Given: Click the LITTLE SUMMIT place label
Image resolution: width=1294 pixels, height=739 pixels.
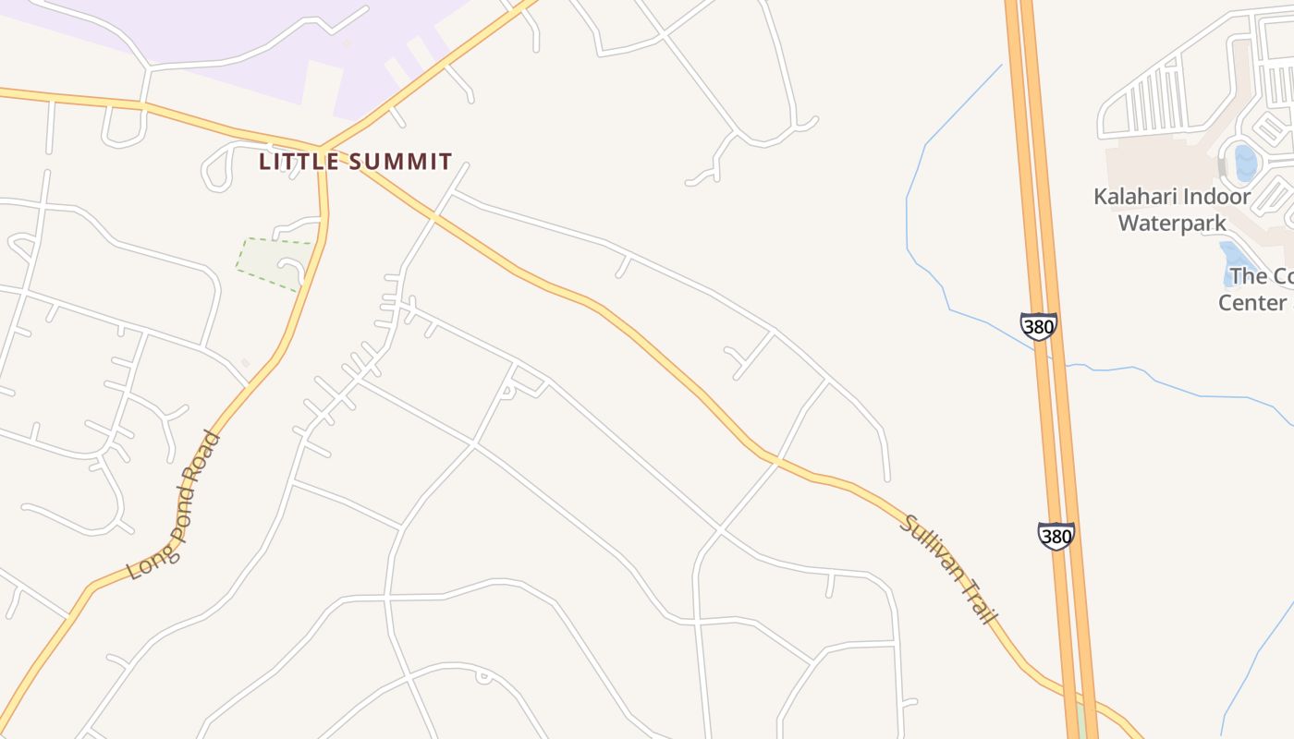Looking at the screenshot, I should point(356,162).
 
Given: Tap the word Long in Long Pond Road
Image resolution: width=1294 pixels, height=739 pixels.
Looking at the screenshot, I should point(142,559).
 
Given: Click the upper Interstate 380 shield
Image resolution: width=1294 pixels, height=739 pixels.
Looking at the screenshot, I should point(1038,326).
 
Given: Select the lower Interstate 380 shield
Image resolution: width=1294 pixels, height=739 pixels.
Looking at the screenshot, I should point(1056,536).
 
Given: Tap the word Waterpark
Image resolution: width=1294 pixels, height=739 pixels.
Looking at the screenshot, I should point(1172,224).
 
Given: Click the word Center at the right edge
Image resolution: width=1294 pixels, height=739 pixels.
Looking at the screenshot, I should point(1252,303).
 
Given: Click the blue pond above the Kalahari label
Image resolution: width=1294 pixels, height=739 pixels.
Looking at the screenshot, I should point(1245,163).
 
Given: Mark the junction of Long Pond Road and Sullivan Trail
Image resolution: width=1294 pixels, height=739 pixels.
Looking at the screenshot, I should point(323,153).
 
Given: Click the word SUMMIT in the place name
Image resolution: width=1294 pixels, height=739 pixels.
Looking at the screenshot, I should point(405,162).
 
